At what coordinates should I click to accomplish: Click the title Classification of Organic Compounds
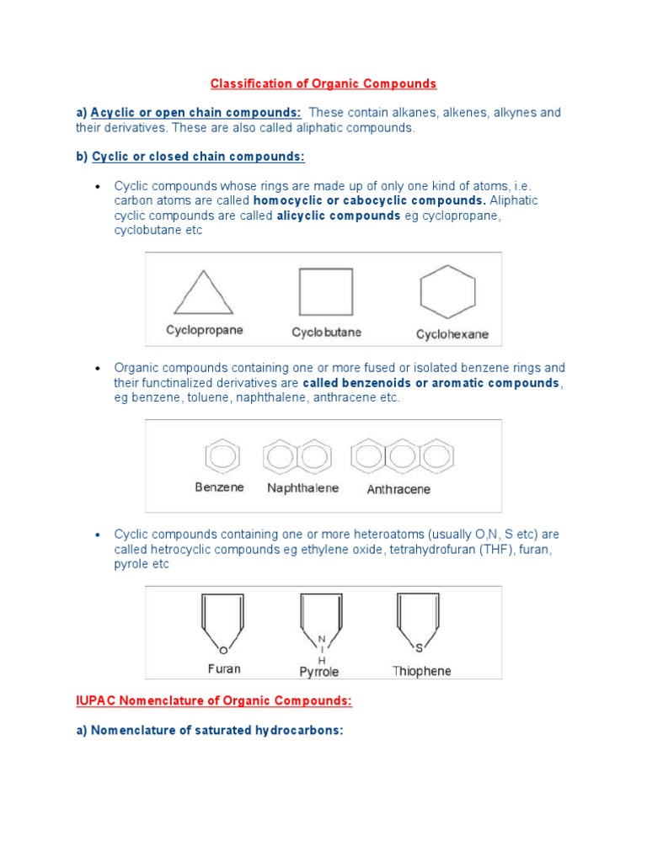[x=323, y=83]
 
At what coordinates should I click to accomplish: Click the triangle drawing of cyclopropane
[x=203, y=294]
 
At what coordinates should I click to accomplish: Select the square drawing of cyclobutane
[x=325, y=291]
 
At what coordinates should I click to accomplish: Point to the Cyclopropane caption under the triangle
[x=205, y=330]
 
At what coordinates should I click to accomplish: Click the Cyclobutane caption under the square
[x=326, y=333]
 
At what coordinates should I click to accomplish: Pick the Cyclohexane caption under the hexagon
[x=452, y=334]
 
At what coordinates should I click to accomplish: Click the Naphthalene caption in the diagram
[x=302, y=487]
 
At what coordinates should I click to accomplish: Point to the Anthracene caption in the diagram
[x=398, y=489]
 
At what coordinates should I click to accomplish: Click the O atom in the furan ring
[x=223, y=649]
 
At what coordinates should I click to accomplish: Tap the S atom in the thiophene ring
[x=418, y=646]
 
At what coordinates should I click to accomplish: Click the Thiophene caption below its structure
[x=421, y=671]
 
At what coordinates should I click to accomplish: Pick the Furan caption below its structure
[x=224, y=668]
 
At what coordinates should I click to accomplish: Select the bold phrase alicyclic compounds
[x=339, y=215]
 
